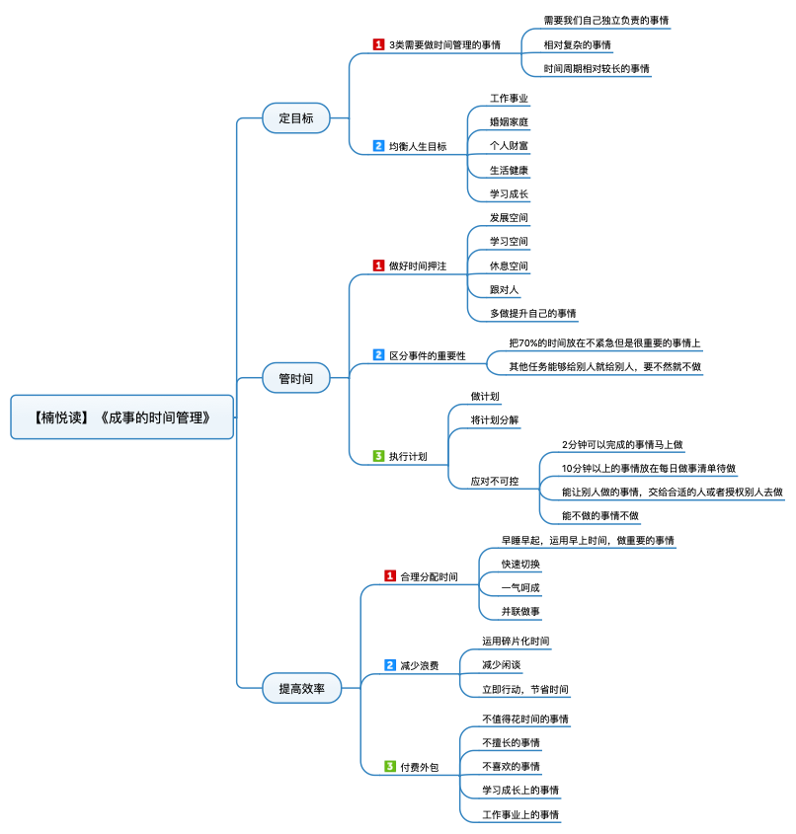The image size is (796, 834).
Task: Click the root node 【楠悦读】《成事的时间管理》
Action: (x=122, y=417)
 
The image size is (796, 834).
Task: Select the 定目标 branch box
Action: (x=295, y=118)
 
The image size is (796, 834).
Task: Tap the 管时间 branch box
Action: (x=295, y=377)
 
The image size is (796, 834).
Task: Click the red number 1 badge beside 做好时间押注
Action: (x=378, y=265)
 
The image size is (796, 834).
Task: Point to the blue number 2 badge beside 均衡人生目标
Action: (x=378, y=146)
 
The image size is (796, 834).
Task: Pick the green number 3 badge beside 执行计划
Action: (x=378, y=456)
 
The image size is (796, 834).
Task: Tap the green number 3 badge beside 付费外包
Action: (x=390, y=766)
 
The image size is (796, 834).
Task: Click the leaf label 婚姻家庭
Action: (x=509, y=122)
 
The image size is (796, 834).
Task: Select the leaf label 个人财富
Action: (x=509, y=146)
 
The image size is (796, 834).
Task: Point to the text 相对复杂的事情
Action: (x=577, y=44)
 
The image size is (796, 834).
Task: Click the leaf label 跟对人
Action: (x=504, y=290)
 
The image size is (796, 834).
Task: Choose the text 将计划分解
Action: (x=495, y=420)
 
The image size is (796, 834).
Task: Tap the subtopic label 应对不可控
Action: (x=495, y=481)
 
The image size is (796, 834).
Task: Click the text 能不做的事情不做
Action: (x=599, y=515)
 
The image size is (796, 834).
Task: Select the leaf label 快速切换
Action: (x=520, y=564)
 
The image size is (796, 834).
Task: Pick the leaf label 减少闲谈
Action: (x=501, y=665)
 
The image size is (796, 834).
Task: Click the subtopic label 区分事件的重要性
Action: (x=427, y=355)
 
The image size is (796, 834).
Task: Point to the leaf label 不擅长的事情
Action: (x=511, y=742)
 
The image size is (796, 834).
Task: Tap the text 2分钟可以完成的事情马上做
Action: (x=622, y=444)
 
